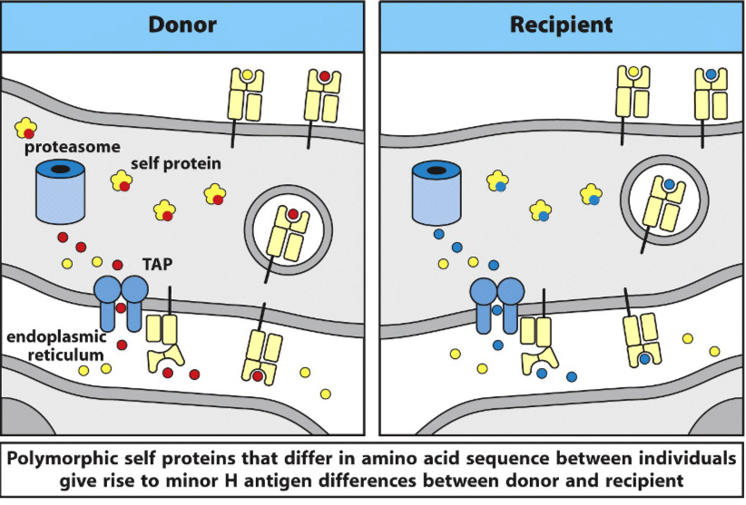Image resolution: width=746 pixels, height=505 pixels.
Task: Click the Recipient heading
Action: (561, 24)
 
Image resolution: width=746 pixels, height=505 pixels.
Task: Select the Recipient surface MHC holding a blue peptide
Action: (711, 94)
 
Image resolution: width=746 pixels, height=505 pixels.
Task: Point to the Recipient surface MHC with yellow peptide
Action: (634, 94)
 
